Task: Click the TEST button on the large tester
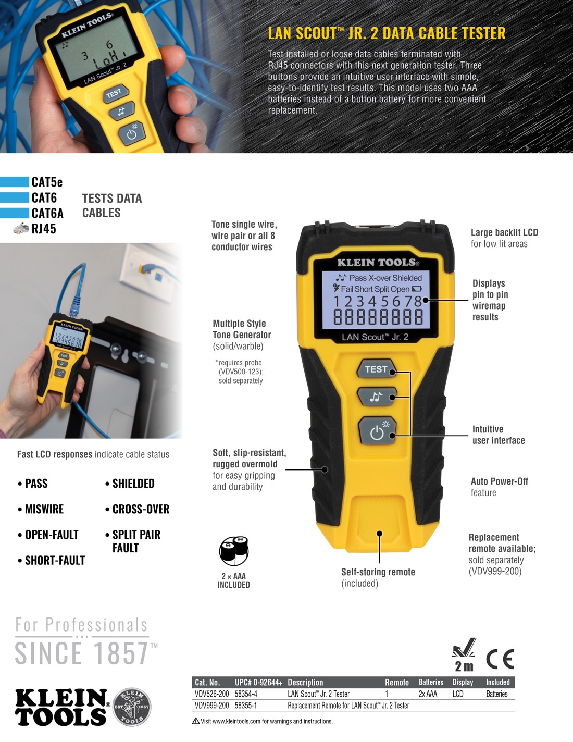376,369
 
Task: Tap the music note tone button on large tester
376,397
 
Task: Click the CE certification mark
500,659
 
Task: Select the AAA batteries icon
234,551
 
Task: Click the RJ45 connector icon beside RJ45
21,228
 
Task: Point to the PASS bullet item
36,484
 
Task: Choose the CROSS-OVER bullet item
141,509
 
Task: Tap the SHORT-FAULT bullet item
55,560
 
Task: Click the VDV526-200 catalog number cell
211,694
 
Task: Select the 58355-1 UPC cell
246,706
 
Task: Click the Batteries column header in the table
431,682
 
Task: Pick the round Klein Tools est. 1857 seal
132,707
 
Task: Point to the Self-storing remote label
378,572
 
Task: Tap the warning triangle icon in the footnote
196,721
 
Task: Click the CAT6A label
47,213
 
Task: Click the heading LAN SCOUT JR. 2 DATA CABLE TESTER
387,33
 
